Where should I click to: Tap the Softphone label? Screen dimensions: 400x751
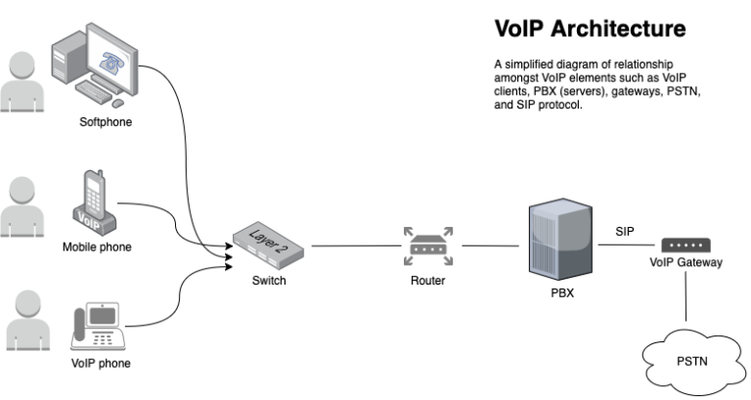click(x=106, y=123)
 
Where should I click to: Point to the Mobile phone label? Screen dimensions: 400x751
click(x=97, y=246)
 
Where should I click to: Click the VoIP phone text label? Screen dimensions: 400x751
click(x=103, y=364)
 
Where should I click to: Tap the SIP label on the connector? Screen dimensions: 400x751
click(x=625, y=231)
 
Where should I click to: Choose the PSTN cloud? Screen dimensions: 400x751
click(x=690, y=360)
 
